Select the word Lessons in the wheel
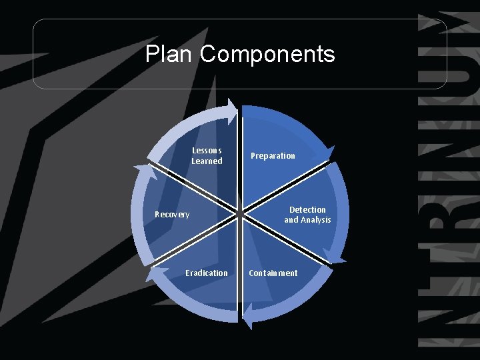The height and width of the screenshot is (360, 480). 207,151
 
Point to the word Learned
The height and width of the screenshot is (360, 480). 207,161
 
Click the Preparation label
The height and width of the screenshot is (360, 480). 273,156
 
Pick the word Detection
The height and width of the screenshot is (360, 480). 307,210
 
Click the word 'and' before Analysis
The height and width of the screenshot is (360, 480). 291,220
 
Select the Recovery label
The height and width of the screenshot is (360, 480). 172,215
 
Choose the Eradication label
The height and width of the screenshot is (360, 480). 207,273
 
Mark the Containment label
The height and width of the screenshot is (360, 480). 273,273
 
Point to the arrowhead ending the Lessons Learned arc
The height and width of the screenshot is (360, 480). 231,109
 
